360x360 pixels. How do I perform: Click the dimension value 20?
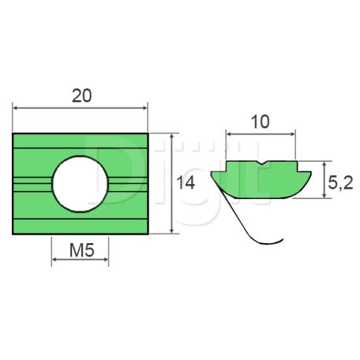(81, 96)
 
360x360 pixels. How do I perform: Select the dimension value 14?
(186, 183)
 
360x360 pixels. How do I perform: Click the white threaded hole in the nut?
(82, 182)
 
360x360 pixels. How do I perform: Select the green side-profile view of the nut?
(261, 177)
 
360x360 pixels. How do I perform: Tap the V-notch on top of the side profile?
(262, 163)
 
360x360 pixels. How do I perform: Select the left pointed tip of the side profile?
(212, 174)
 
